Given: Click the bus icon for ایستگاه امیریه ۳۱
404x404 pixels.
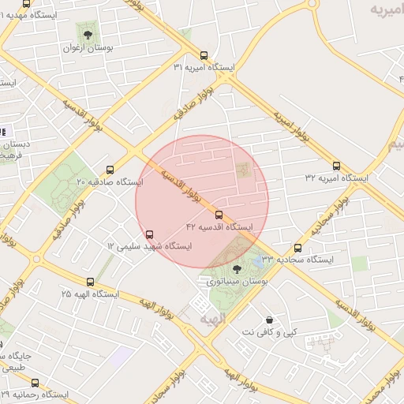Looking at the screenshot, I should [204, 55].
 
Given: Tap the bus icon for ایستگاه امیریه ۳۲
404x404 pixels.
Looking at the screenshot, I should [337, 166].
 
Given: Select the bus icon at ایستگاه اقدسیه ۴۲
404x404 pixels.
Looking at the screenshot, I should [219, 215].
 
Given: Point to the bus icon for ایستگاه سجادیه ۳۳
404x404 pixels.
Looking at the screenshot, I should [297, 247].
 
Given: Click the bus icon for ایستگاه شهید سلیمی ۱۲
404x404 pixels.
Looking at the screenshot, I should [150, 234].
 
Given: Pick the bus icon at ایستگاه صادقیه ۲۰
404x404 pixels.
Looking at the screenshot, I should [110, 169].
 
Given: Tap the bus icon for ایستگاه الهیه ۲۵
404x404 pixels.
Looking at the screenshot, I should [89, 281].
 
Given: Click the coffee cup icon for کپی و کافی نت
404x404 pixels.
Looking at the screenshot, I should [271, 320].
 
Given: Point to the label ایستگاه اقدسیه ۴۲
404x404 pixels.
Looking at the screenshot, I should [219, 226].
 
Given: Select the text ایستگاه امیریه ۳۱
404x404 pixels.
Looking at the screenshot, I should [204, 68].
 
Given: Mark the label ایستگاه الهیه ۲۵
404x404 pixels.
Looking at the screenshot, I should [89, 294].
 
